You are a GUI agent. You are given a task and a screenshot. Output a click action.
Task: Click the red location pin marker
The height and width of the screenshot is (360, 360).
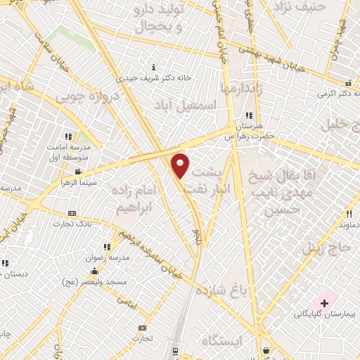click(181, 166)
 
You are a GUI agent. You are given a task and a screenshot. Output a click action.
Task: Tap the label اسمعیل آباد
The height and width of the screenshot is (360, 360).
click(188, 104)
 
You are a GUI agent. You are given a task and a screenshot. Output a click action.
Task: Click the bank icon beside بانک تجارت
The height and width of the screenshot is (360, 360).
click(72, 213)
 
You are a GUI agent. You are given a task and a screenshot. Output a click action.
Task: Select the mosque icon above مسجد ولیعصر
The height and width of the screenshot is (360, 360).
click(96, 269)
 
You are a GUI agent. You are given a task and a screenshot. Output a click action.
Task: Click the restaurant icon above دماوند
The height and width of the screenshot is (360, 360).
click(349, 214)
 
